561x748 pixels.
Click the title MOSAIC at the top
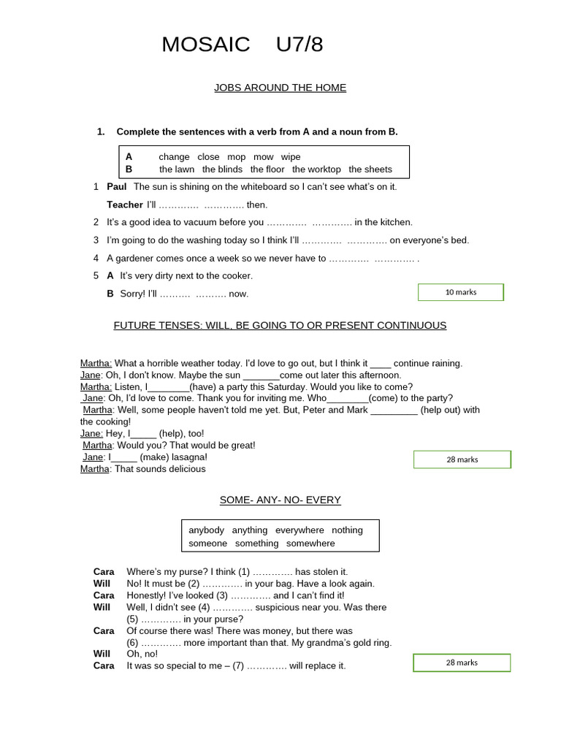tap(205, 45)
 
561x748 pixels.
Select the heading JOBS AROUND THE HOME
tap(280, 88)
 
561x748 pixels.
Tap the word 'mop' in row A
tap(236, 157)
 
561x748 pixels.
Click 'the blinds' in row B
tap(222, 169)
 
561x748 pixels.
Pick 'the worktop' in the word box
tap(316, 169)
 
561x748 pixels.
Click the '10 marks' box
tap(460, 292)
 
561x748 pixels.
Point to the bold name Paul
tap(117, 187)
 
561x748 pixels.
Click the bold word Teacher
tap(124, 205)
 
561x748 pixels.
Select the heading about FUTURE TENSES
tap(280, 326)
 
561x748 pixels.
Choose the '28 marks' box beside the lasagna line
tap(462, 459)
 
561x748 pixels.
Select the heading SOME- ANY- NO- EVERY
tap(280, 500)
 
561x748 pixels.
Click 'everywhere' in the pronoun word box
tap(299, 530)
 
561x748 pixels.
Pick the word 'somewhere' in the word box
tap(310, 543)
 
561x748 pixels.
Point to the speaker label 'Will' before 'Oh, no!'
tap(102, 654)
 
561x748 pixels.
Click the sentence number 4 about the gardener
tap(96, 258)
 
